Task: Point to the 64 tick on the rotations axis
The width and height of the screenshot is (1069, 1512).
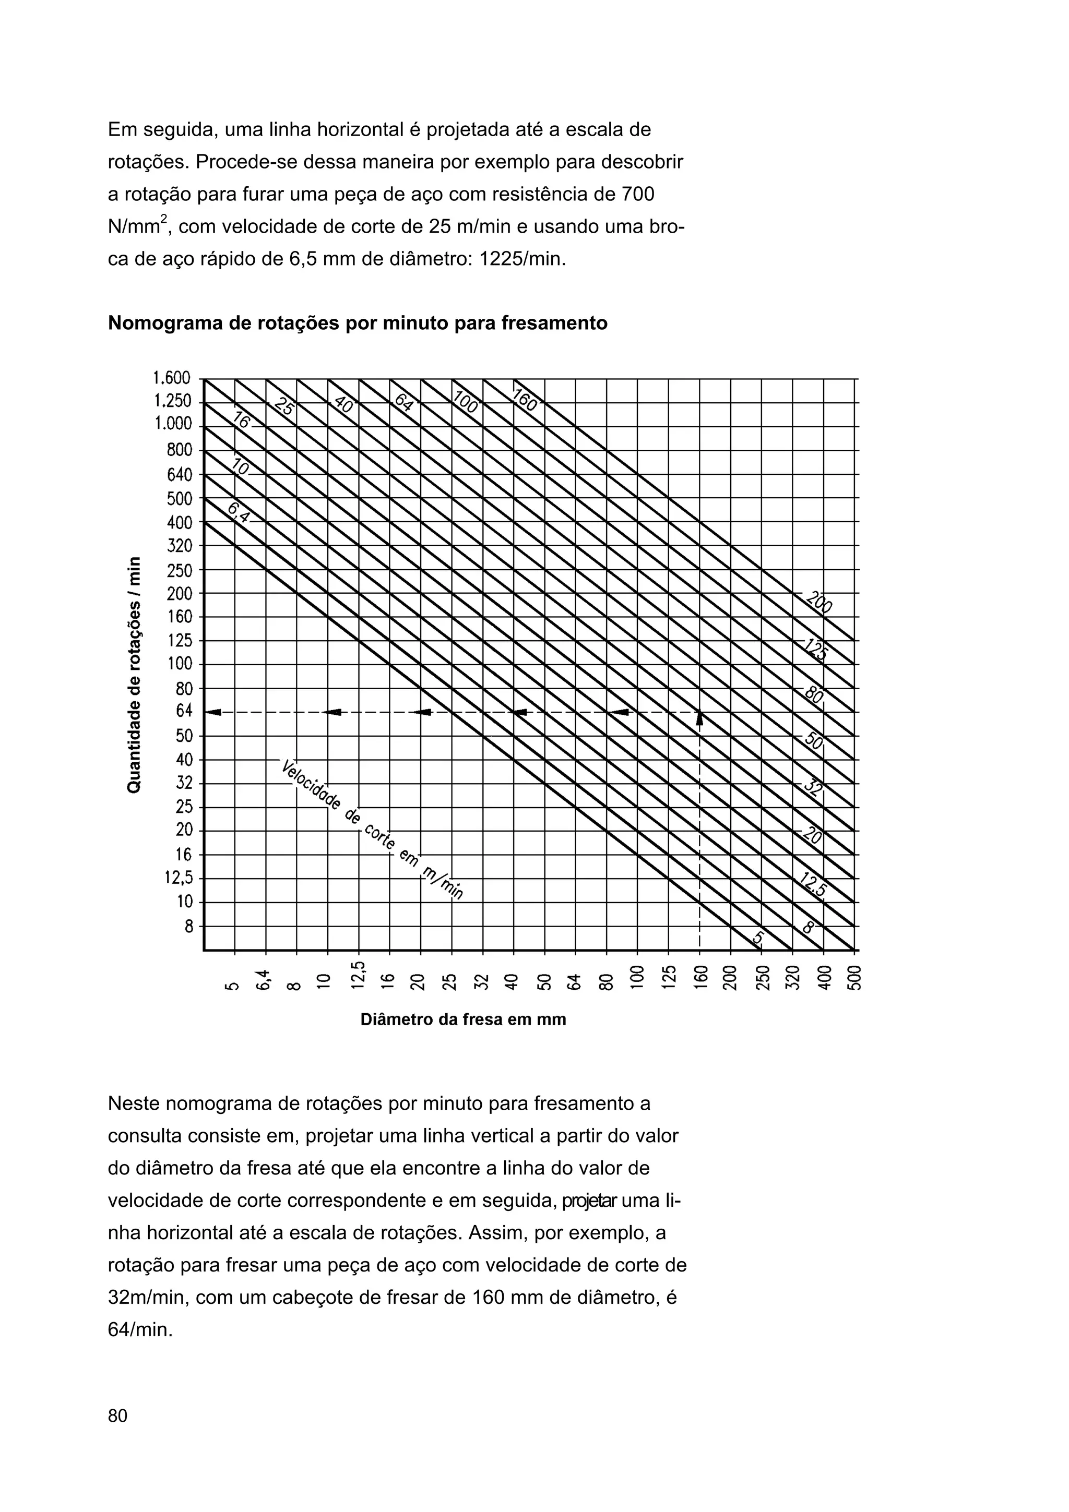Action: tap(184, 711)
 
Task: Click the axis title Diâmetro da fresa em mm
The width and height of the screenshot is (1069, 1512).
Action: tap(463, 1019)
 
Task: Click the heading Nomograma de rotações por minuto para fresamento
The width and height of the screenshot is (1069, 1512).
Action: tap(357, 323)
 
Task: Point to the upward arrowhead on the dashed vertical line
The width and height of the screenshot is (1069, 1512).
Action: tap(699, 717)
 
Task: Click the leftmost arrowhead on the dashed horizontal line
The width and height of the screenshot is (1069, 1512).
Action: tap(213, 711)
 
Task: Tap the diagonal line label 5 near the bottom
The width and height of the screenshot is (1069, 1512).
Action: tap(758, 937)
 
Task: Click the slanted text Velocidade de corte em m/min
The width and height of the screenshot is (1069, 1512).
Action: tap(372, 829)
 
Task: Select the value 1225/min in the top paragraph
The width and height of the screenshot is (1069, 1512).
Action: tap(521, 259)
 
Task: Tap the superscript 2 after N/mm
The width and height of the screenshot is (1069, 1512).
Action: tap(164, 219)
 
